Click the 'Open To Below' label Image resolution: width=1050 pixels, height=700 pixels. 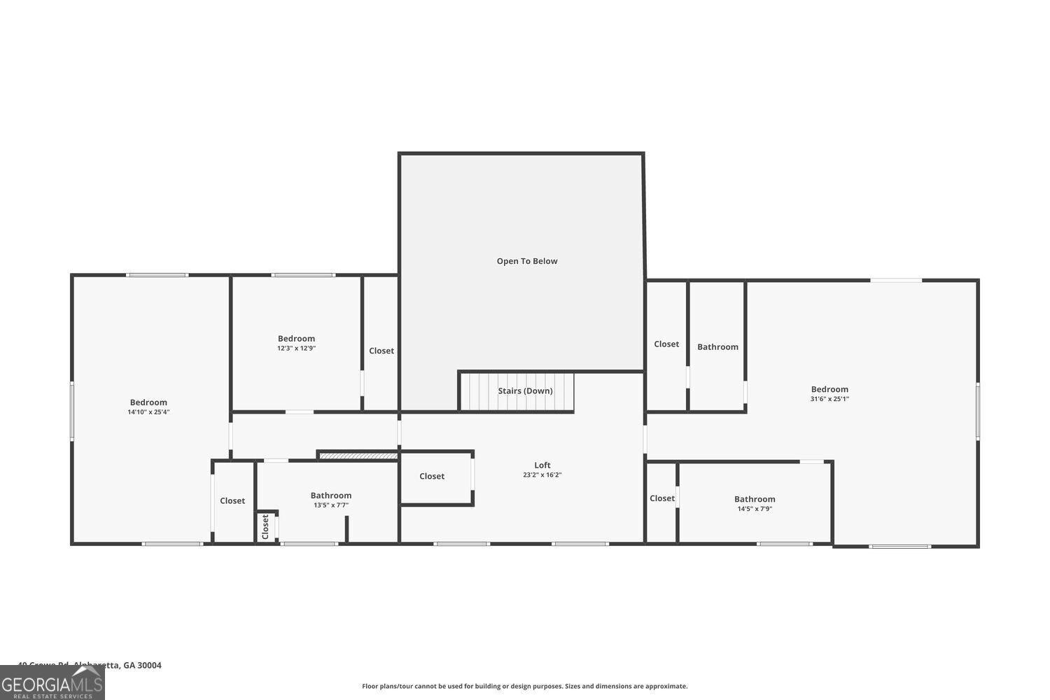pos(527,261)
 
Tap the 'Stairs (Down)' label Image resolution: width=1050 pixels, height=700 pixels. pos(525,391)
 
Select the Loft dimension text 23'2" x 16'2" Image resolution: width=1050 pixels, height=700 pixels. pos(542,475)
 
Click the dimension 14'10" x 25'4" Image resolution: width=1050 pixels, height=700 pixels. pos(148,412)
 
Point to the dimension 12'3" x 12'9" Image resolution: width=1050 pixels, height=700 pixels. pos(296,348)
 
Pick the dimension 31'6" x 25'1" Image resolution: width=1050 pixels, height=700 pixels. pos(829,399)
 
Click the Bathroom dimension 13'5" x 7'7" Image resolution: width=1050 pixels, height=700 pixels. pos(331,505)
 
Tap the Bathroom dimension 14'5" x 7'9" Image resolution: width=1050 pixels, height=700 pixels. pos(755,509)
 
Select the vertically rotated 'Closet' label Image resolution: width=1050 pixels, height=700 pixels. pos(265,527)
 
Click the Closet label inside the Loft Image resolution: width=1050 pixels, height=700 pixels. pos(432,476)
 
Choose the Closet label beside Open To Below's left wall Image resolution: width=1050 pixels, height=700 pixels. pos(381,351)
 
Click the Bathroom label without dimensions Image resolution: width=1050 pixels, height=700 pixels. pos(717,346)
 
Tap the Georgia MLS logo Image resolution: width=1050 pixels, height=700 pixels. pos(52,682)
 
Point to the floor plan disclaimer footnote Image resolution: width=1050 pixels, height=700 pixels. pos(524,686)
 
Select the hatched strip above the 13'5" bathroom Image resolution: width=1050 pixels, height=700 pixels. pos(358,456)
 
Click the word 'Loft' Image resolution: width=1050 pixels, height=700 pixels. pos(542,465)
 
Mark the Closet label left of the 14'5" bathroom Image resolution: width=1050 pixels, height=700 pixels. pos(661,498)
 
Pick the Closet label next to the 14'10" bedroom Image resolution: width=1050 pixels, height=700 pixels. pos(232,500)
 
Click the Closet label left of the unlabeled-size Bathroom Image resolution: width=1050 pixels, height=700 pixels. pos(666,344)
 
